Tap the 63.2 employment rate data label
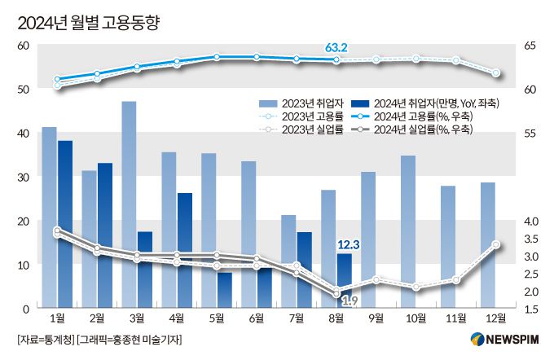coord(336,49)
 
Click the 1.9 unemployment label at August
coord(350,301)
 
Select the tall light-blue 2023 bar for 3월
coord(129,204)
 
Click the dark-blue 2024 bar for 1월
coord(65,224)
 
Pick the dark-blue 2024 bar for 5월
coord(225,290)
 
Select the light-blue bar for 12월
coord(488,244)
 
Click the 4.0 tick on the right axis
coord(531,222)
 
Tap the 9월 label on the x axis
coord(376,318)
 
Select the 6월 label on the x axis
coord(257,318)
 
